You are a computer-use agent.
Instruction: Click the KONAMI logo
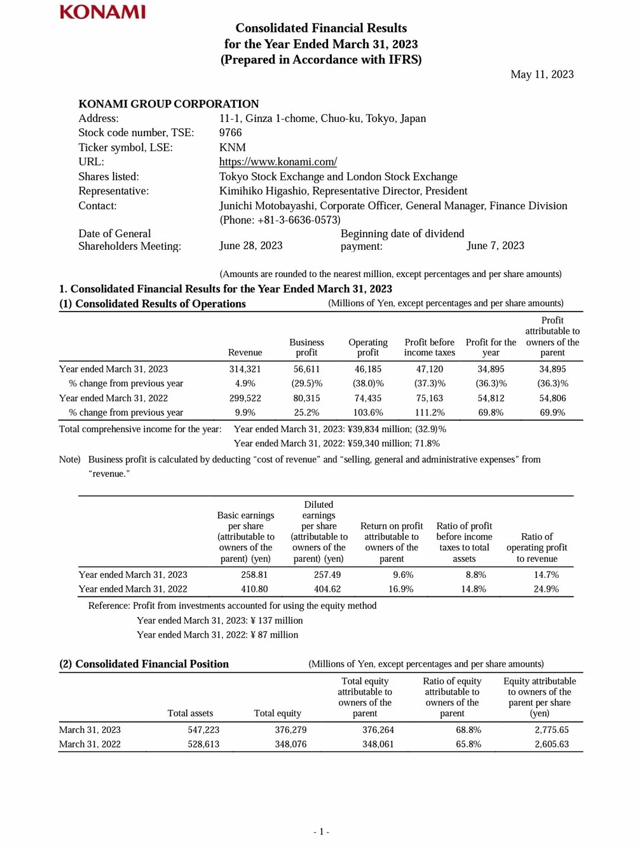pyautogui.click(x=102, y=12)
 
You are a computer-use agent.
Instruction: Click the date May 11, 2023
pyautogui.click(x=542, y=74)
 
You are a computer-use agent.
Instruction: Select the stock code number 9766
pyautogui.click(x=230, y=132)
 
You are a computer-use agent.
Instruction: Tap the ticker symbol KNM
pyautogui.click(x=232, y=147)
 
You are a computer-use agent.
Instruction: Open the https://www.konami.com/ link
pyautogui.click(x=278, y=161)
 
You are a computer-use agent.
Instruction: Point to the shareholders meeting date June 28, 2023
pyautogui.click(x=250, y=245)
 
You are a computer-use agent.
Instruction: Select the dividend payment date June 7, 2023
pyautogui.click(x=495, y=245)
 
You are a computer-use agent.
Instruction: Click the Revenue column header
pyautogui.click(x=245, y=352)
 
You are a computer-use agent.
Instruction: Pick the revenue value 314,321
pyautogui.click(x=245, y=369)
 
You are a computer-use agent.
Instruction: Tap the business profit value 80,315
pyautogui.click(x=306, y=398)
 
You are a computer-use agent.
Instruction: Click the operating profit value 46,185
pyautogui.click(x=368, y=369)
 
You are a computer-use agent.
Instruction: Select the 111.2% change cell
pyautogui.click(x=430, y=413)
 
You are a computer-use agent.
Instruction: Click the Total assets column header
pyautogui.click(x=190, y=713)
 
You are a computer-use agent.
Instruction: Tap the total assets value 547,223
pyautogui.click(x=203, y=730)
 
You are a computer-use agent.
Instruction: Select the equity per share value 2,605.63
pyautogui.click(x=551, y=744)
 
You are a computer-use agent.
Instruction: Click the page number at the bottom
pyautogui.click(x=321, y=831)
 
